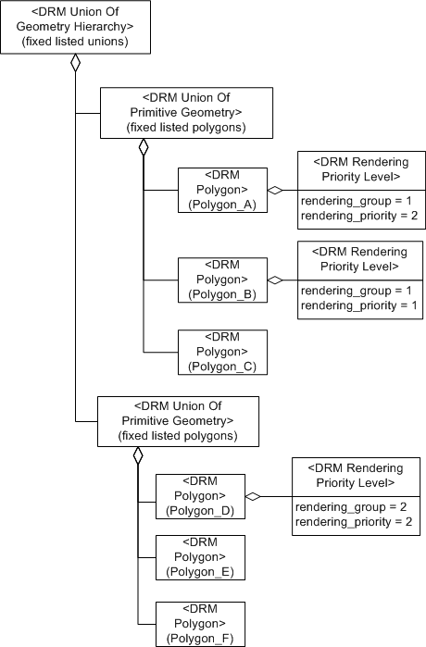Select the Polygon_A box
(222, 191)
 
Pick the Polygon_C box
(222, 353)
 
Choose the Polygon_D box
(200, 498)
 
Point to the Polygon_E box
(200, 557)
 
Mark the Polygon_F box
(200, 623)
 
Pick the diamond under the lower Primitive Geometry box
(138, 455)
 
